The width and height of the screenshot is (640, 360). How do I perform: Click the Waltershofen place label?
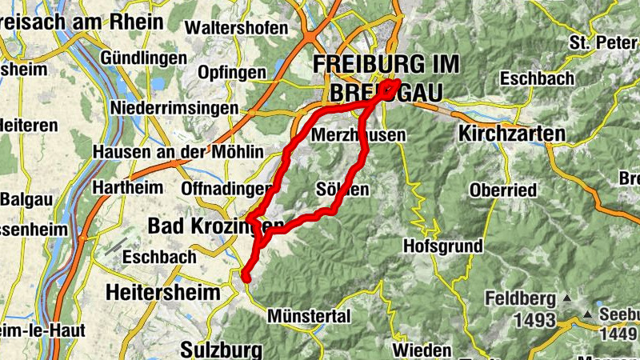(x=236, y=27)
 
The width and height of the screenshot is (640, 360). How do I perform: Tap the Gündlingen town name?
(x=144, y=58)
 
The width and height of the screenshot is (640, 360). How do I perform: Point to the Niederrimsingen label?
(x=175, y=107)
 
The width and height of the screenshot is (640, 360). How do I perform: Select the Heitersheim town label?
(x=162, y=293)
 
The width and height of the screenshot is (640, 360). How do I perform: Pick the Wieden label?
(x=421, y=350)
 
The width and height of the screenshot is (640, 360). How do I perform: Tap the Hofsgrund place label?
(x=444, y=245)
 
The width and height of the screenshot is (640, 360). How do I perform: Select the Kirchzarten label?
(x=512, y=134)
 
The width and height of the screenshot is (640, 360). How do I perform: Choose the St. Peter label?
(x=600, y=42)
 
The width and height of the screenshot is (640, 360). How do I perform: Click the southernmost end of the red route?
(x=246, y=278)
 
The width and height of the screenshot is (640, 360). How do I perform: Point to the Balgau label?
(x=29, y=198)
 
